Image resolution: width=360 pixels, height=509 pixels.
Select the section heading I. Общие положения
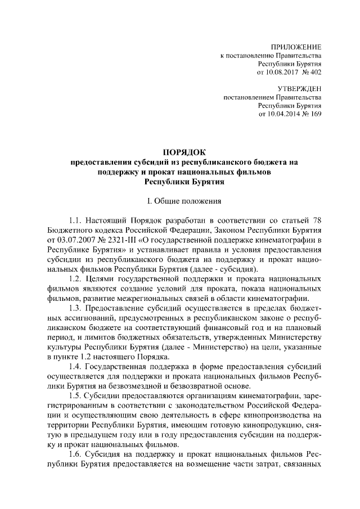tap(184, 200)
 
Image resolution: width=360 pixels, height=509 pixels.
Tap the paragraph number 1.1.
tap(75, 220)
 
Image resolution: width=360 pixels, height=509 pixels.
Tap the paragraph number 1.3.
tap(75, 309)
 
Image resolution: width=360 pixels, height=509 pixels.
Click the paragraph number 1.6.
tap(75, 456)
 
